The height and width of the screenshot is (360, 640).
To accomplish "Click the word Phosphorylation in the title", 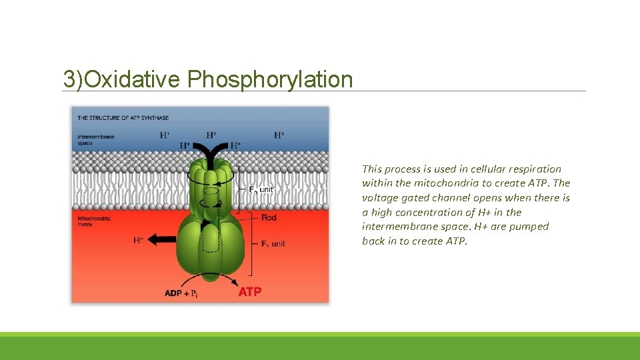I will point(269,79).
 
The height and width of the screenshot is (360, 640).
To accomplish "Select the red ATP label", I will point(250,292).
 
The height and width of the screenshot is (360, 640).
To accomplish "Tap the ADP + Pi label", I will point(181,293).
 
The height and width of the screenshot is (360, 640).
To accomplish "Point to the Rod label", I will point(269,218).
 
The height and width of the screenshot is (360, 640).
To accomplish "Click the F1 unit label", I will point(269,244).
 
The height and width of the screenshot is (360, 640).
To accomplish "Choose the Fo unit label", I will point(261,190).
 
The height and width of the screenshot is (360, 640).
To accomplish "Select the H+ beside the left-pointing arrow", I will point(139,240).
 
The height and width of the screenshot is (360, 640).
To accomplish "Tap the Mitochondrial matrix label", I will point(93,221).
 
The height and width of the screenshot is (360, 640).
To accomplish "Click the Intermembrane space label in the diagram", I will point(95,139).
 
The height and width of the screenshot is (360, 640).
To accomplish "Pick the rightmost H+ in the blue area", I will point(279,135).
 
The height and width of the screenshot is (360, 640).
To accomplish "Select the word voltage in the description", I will point(379,198).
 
